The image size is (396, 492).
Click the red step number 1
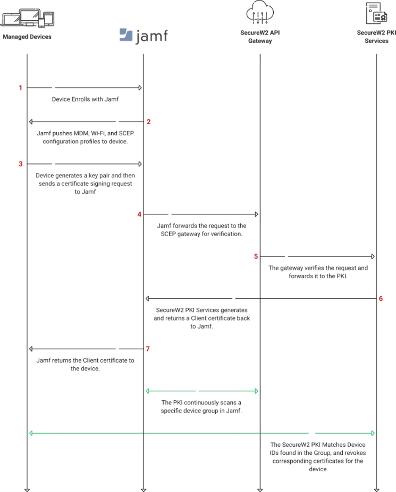pyautogui.click(x=20, y=88)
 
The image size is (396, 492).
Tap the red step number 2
pyautogui.click(x=148, y=122)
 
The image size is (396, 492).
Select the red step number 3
pyautogui.click(x=20, y=164)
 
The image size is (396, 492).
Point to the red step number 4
pyautogui.click(x=140, y=214)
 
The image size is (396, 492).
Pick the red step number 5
pyautogui.click(x=256, y=256)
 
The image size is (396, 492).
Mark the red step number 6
pyautogui.click(x=381, y=299)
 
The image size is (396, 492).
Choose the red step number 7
pyautogui.click(x=148, y=348)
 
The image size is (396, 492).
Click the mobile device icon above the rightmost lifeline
pyautogui.click(x=377, y=13)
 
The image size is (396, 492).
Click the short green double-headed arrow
pyautogui.click(x=202, y=391)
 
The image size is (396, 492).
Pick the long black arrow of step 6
pyautogui.click(x=262, y=299)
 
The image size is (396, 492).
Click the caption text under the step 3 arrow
pyautogui.click(x=85, y=183)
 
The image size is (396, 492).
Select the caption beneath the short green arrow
pyautogui.click(x=201, y=406)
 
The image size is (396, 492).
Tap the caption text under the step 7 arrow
pyautogui.click(x=85, y=365)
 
